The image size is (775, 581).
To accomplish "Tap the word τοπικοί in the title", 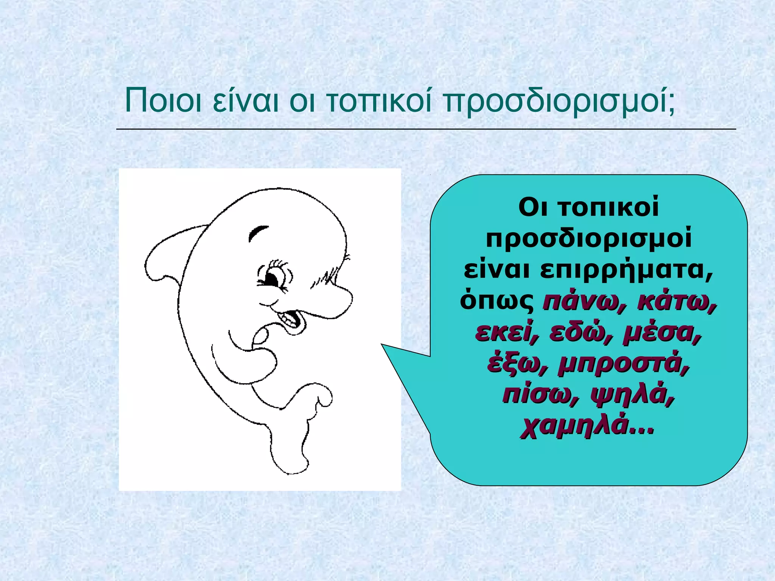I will pyautogui.click(x=378, y=101).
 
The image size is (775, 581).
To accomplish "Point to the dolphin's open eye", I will pyautogui.click(x=273, y=279).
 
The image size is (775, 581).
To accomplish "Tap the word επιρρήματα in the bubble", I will pyautogui.click(x=626, y=270).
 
